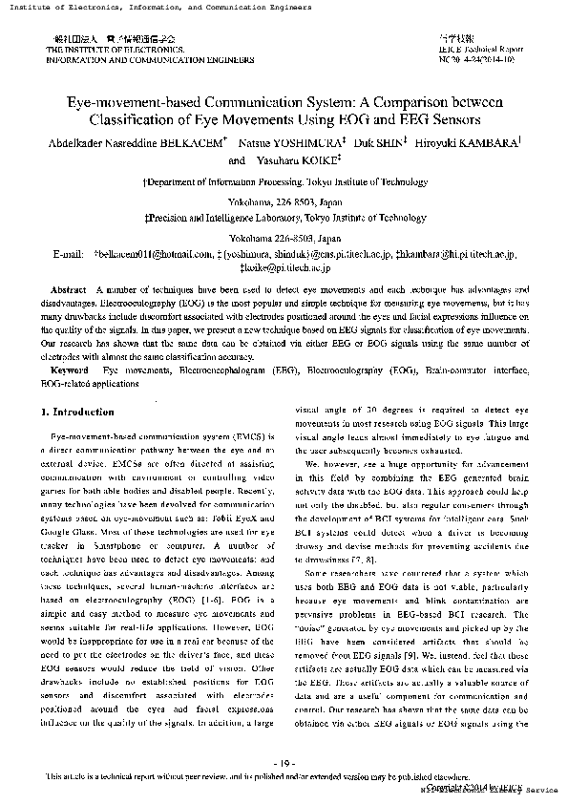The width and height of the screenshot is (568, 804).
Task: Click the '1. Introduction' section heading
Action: coord(78,412)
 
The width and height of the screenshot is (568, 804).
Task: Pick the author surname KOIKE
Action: coord(316,160)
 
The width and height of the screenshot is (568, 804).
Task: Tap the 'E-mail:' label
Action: coord(70,255)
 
